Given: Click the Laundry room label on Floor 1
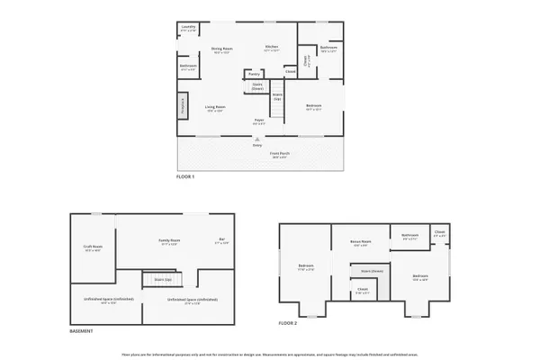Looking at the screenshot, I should (x=188, y=27).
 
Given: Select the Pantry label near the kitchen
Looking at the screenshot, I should (x=254, y=74).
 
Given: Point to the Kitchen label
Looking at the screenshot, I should (x=272, y=48).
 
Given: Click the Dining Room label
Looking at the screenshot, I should (x=221, y=49).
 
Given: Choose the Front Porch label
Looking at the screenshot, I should (x=280, y=154).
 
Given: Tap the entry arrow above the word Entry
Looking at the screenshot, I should (x=257, y=138).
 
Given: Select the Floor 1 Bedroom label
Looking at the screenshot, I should (x=313, y=107).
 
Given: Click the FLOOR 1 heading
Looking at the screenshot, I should (x=184, y=176).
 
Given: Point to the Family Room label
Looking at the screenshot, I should (x=169, y=241).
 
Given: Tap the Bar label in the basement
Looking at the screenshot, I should (x=220, y=240).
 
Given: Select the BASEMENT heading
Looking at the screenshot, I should (x=82, y=330).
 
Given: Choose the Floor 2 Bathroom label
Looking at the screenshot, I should (x=409, y=237).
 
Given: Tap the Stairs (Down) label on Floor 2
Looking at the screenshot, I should (x=372, y=270).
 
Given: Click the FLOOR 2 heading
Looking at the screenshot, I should (x=287, y=321).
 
